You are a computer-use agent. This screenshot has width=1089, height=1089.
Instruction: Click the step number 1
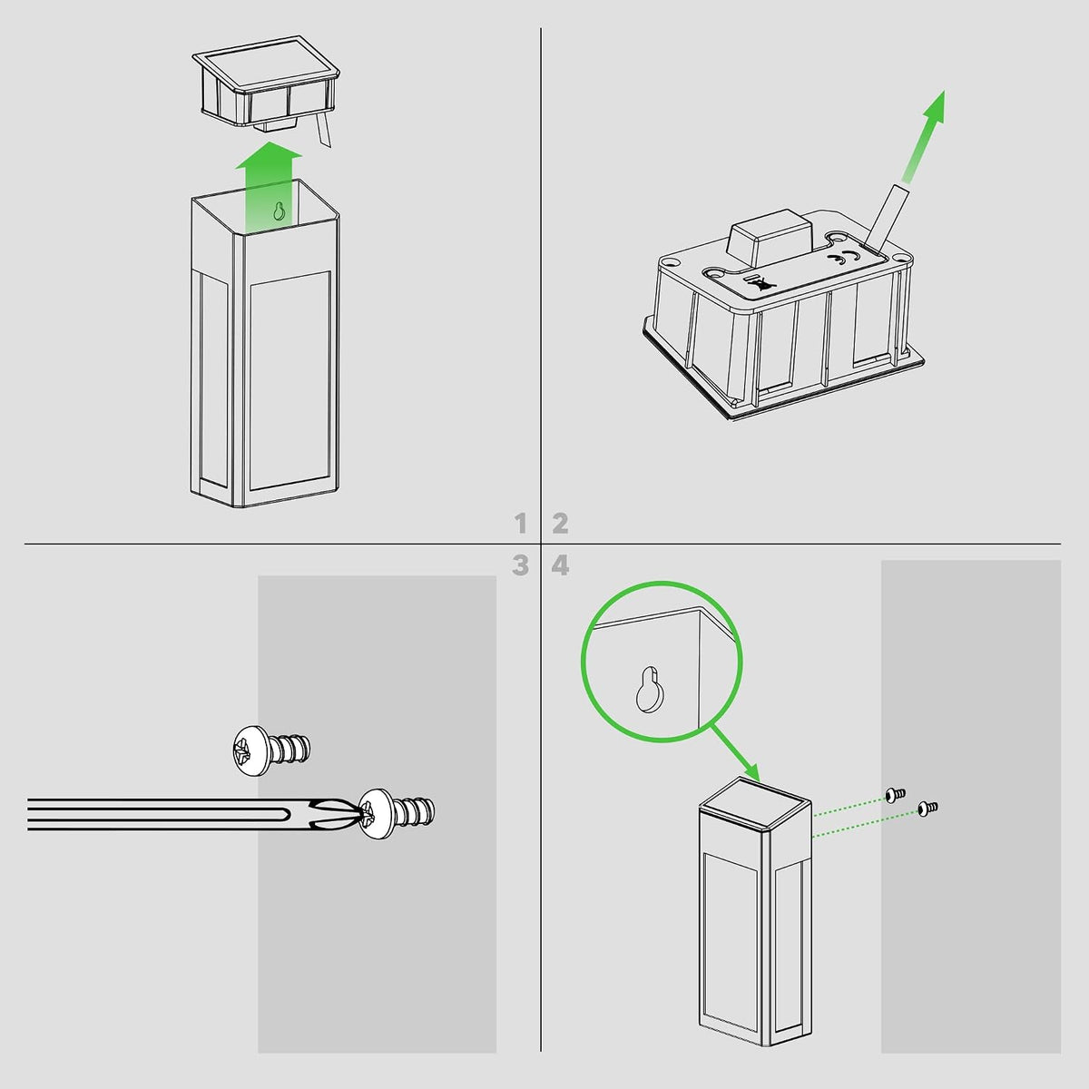click(521, 524)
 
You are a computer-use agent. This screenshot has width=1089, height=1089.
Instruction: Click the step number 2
click(560, 524)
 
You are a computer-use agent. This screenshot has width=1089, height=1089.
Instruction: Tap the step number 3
click(521, 565)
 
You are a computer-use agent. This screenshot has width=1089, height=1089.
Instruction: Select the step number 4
click(560, 565)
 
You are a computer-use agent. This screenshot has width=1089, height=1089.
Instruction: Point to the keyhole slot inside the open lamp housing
click(279, 211)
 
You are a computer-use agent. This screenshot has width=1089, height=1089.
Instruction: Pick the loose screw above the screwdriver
click(271, 750)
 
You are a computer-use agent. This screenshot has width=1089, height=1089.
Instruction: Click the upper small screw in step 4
click(895, 795)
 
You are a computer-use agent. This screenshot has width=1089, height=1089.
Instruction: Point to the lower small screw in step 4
click(927, 809)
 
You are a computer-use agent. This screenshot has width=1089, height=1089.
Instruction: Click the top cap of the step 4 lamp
click(755, 805)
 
